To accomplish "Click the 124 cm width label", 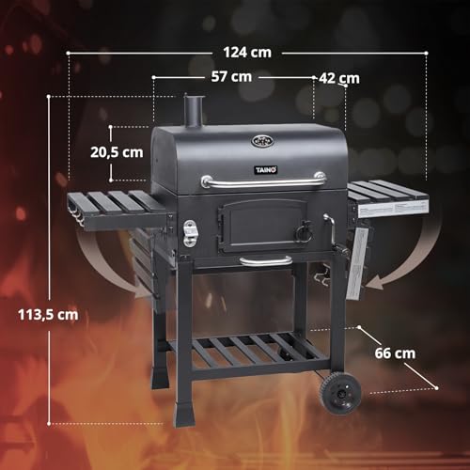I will [248, 52].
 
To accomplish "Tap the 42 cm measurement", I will [338, 78].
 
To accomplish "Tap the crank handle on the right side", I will [328, 226].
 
